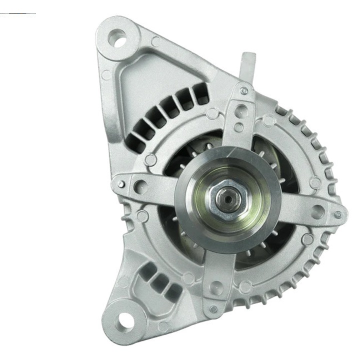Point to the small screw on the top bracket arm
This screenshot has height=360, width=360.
click(243, 91)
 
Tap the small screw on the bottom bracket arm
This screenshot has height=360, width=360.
click(213, 308)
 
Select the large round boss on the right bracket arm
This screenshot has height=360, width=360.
click(317, 210)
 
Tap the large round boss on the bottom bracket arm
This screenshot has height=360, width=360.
click(216, 288)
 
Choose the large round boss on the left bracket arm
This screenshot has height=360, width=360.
click(141, 186)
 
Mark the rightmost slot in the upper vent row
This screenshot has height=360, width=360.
click(201, 95)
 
